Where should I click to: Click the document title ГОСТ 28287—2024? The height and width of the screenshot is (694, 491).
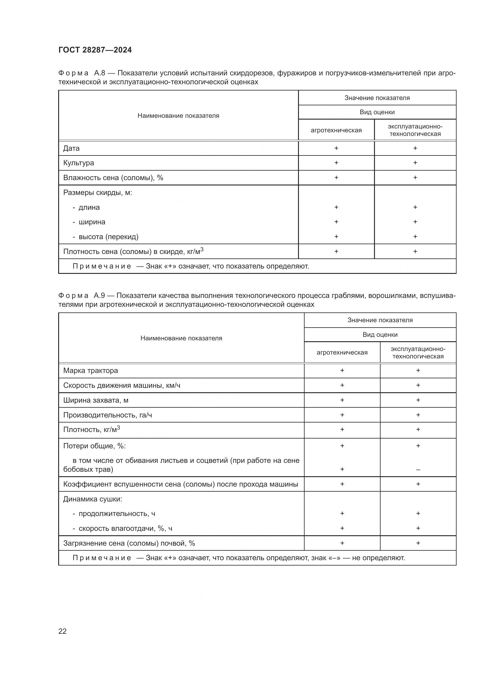(95, 50)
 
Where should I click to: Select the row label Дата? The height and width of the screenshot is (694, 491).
(71, 148)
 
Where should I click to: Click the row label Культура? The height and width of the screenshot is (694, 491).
(79, 163)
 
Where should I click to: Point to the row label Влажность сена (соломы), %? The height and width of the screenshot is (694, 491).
(113, 178)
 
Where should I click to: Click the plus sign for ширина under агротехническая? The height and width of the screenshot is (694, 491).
(336, 222)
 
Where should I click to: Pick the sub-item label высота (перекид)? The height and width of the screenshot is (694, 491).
(108, 237)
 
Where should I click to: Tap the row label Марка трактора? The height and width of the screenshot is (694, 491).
(91, 371)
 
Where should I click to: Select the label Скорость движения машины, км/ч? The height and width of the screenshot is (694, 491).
(121, 385)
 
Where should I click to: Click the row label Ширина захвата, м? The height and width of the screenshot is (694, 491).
(96, 400)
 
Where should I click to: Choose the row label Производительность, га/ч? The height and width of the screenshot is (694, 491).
(107, 415)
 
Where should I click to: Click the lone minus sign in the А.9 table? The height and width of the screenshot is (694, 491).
(418, 470)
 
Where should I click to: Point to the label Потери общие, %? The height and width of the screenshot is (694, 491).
(94, 446)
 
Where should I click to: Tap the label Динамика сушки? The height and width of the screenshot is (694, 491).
(93, 499)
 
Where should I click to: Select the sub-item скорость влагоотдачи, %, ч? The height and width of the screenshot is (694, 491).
(125, 529)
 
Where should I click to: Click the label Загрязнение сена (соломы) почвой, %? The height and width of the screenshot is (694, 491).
(129, 544)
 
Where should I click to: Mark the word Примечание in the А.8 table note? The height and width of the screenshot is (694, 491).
(102, 266)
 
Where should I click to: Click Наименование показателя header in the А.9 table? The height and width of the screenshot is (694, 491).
(181, 338)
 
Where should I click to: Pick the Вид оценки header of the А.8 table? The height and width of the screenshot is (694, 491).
(377, 112)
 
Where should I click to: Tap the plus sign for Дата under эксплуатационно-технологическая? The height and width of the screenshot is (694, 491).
(415, 148)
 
